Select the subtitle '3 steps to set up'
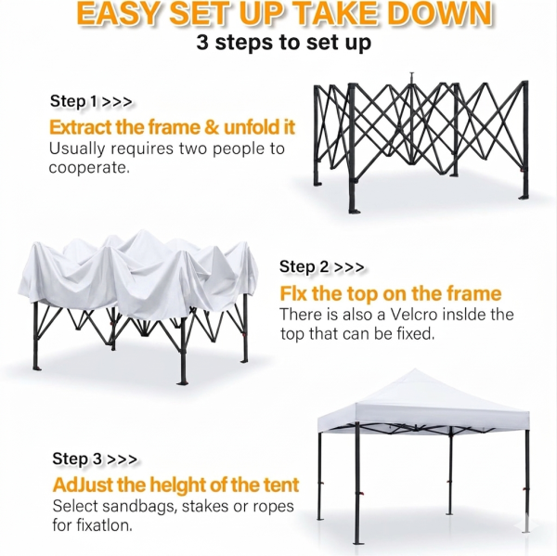pyautogui.click(x=283, y=43)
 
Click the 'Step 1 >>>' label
pyautogui.click(x=91, y=101)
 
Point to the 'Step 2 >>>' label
pyautogui.click(x=321, y=266)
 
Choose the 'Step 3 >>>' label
pyautogui.click(x=95, y=459)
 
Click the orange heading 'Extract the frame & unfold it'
pyautogui.click(x=172, y=127)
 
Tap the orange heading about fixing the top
pyautogui.click(x=391, y=293)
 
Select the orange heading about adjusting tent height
pyautogui.click(x=175, y=485)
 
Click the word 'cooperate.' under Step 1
pyautogui.click(x=89, y=168)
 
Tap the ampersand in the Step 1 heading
pyautogui.click(x=212, y=127)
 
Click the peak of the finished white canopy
pyautogui.click(x=414, y=369)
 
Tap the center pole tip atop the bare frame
pyautogui.click(x=411, y=74)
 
